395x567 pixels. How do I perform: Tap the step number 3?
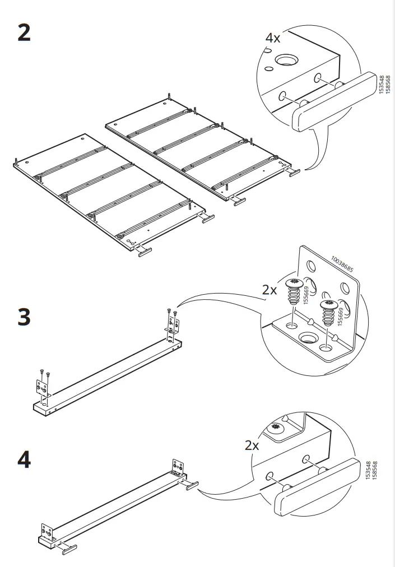click(x=24, y=318)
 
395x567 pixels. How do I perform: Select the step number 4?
click(x=24, y=461)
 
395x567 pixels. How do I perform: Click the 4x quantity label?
click(x=273, y=38)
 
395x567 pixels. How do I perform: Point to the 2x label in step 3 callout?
click(x=269, y=290)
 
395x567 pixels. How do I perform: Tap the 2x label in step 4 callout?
click(x=252, y=445)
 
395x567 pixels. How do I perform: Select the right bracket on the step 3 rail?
click(x=173, y=326)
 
